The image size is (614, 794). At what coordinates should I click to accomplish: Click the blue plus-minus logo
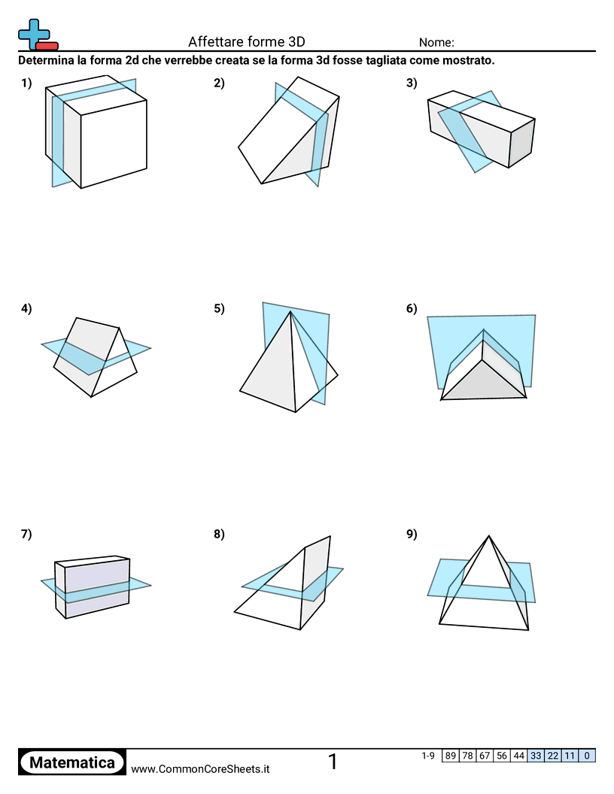[x=37, y=35]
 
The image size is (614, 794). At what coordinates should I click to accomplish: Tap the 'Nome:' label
[x=436, y=43]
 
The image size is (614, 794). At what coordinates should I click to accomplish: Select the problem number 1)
[x=26, y=83]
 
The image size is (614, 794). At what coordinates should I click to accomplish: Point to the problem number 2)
[x=219, y=83]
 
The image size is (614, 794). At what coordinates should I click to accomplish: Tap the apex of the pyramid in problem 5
[x=291, y=314]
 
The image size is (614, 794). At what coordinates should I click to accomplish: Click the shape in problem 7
[x=94, y=588]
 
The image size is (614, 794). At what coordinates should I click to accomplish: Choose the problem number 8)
[x=219, y=535]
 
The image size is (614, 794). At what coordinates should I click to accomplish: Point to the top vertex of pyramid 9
[x=489, y=536]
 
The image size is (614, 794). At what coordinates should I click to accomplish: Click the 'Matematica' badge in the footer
[x=72, y=762]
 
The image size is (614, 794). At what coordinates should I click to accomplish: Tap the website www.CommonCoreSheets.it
[x=200, y=768]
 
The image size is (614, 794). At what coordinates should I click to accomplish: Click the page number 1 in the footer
[x=333, y=762]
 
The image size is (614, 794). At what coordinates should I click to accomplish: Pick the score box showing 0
[x=587, y=756]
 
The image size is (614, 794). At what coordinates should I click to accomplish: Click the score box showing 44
[x=518, y=756]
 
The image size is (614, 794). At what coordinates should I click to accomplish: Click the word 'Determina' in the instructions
[x=47, y=61]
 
